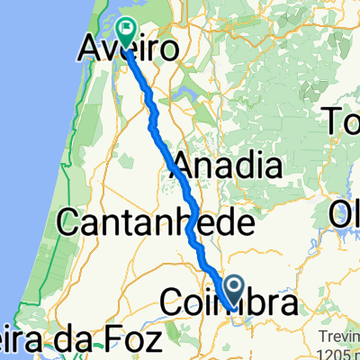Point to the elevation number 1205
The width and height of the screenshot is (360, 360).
click(341, 350)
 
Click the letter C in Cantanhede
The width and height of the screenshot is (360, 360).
click(67, 220)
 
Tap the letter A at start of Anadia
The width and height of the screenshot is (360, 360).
click(183, 165)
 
